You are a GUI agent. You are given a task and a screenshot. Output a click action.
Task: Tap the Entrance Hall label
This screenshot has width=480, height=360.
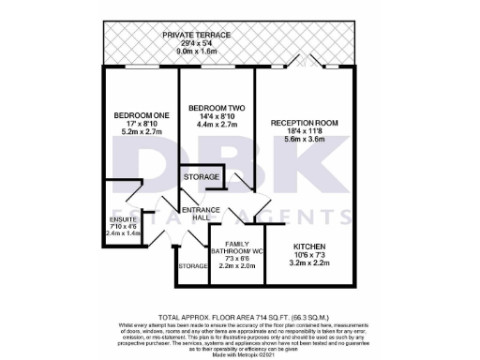[201, 214]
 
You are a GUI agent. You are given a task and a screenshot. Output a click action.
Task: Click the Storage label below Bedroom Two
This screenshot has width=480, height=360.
[202, 177]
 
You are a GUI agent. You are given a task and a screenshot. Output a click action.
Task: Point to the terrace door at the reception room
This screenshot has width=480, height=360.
[305, 66]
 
